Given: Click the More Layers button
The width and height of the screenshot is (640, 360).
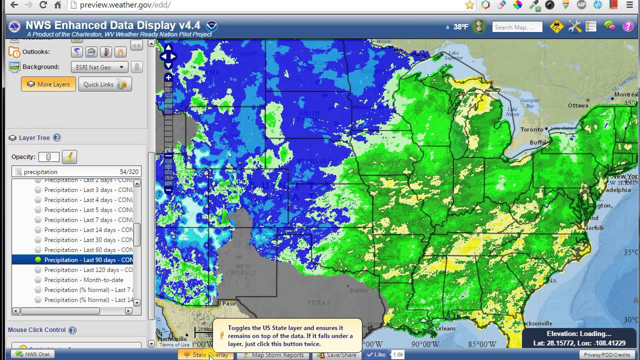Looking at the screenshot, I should [x=48, y=84].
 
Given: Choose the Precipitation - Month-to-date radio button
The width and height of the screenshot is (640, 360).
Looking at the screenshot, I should [x=38, y=280].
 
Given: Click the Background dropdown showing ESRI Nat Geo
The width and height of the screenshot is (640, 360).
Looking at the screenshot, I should [x=99, y=67].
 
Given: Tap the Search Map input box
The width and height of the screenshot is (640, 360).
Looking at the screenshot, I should [x=517, y=27].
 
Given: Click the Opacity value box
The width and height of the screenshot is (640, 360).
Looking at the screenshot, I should [x=48, y=157].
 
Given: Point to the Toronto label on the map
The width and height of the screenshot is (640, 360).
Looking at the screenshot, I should [x=531, y=129].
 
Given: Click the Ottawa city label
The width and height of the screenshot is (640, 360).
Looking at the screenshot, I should [x=578, y=105].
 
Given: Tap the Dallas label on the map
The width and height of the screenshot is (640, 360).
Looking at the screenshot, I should [x=359, y=290].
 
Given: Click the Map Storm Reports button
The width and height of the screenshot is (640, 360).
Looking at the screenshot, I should [x=273, y=355].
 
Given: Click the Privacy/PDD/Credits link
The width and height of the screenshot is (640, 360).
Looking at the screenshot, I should [x=607, y=354].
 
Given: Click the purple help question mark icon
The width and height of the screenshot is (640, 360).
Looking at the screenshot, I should [x=628, y=26].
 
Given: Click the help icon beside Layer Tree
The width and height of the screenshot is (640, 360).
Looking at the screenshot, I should [x=57, y=138].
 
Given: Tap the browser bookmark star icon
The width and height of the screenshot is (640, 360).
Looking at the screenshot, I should [x=469, y=5].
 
